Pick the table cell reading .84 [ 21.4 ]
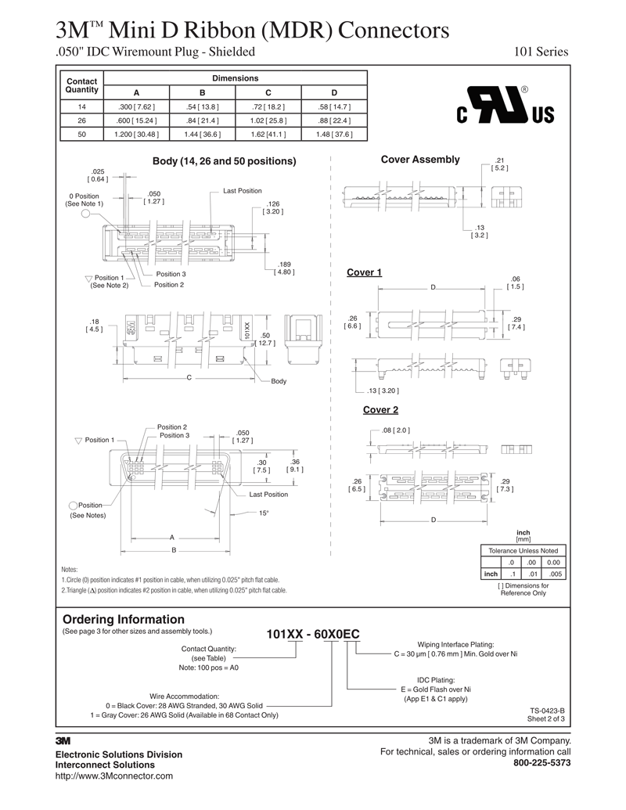point(203,121)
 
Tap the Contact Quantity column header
point(82,85)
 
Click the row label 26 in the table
point(82,121)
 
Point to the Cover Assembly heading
point(420,160)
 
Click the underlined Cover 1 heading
point(364,272)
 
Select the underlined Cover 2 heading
point(380,410)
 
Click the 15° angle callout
point(264,513)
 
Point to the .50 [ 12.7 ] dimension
point(265,339)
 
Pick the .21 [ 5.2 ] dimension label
point(500,164)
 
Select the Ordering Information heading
point(123,618)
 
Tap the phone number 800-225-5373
point(541,762)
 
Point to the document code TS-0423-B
point(547,710)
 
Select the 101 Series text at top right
point(541,52)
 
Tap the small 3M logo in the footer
point(63,740)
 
